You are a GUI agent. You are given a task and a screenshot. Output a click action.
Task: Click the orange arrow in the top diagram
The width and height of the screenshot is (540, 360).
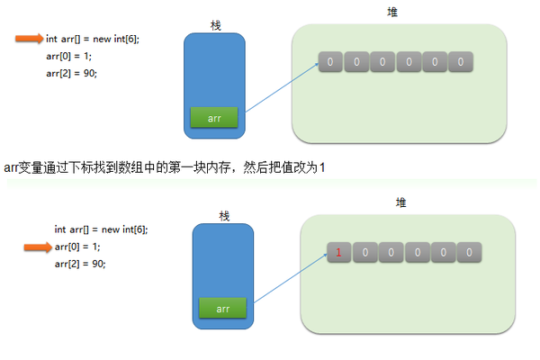coord(29,39)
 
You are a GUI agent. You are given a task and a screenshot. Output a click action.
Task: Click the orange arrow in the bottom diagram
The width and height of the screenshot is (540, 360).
coord(37,247)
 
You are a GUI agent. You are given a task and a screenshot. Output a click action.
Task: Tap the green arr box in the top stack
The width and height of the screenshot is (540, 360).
coord(213,117)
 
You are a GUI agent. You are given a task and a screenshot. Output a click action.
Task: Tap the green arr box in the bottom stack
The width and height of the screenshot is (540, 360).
coord(223,309)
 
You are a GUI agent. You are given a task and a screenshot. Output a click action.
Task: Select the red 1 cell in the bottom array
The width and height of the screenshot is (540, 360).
coord(338,253)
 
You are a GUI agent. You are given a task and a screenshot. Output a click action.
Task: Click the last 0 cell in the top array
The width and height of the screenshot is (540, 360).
coord(461,63)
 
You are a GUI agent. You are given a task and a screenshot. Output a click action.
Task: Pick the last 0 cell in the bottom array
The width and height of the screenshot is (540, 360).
coord(469,253)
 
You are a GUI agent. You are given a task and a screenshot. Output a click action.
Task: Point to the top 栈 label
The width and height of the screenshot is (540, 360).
coord(214,23)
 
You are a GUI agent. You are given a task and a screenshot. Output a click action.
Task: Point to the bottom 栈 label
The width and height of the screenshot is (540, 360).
coord(224,215)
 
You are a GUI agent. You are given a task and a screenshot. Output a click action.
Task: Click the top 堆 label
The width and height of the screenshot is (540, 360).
coord(391,12)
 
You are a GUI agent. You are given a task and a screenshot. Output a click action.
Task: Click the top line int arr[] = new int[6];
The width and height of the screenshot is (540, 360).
coord(93,40)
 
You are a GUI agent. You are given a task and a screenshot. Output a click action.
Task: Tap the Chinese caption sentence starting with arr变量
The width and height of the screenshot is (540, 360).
coord(164,167)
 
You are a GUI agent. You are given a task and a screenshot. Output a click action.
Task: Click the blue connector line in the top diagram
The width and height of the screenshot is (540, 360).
coord(281,87)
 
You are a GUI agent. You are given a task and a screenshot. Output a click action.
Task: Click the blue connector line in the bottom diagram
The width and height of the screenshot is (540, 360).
coord(289,279)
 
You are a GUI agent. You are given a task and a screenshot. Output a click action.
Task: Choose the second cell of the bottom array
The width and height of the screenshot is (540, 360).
coord(364,253)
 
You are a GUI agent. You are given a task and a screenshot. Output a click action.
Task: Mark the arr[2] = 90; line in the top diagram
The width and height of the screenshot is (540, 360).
coord(71,73)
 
